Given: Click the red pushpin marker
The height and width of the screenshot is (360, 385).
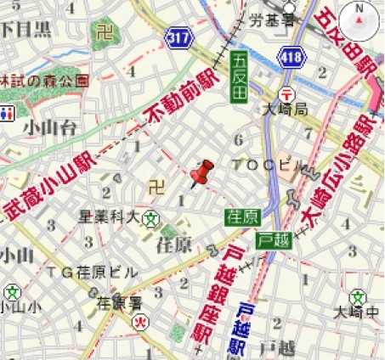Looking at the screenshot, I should (x=201, y=173).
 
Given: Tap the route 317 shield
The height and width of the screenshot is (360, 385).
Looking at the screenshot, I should (x=180, y=38).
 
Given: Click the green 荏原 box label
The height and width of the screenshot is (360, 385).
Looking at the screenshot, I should (x=241, y=216).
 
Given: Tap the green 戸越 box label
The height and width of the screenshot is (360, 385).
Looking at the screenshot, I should (x=272, y=240).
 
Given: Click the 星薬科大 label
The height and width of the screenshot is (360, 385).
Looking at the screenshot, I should (x=109, y=217).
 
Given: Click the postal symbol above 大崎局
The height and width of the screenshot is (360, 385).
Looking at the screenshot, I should (x=287, y=93).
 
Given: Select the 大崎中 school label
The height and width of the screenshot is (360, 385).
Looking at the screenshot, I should (x=363, y=312).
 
